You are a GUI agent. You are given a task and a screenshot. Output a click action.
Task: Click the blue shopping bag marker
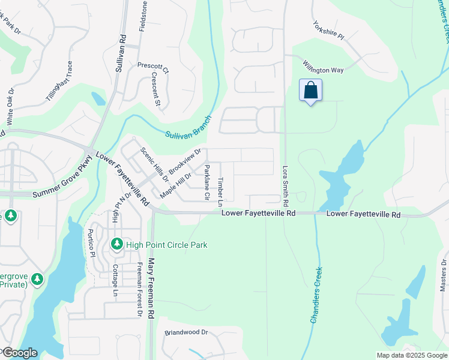pos(310,91)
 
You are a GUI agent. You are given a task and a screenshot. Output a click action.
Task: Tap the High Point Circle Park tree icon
pos(117,244)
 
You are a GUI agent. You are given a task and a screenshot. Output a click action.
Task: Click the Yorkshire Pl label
pos(328,31)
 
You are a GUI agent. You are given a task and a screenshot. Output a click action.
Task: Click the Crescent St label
pos(156,90)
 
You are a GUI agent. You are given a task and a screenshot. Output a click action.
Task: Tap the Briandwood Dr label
pos(186,332)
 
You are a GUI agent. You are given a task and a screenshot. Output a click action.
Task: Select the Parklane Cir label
pos(206,182)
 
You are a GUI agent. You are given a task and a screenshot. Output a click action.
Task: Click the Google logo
pos(20,353)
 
